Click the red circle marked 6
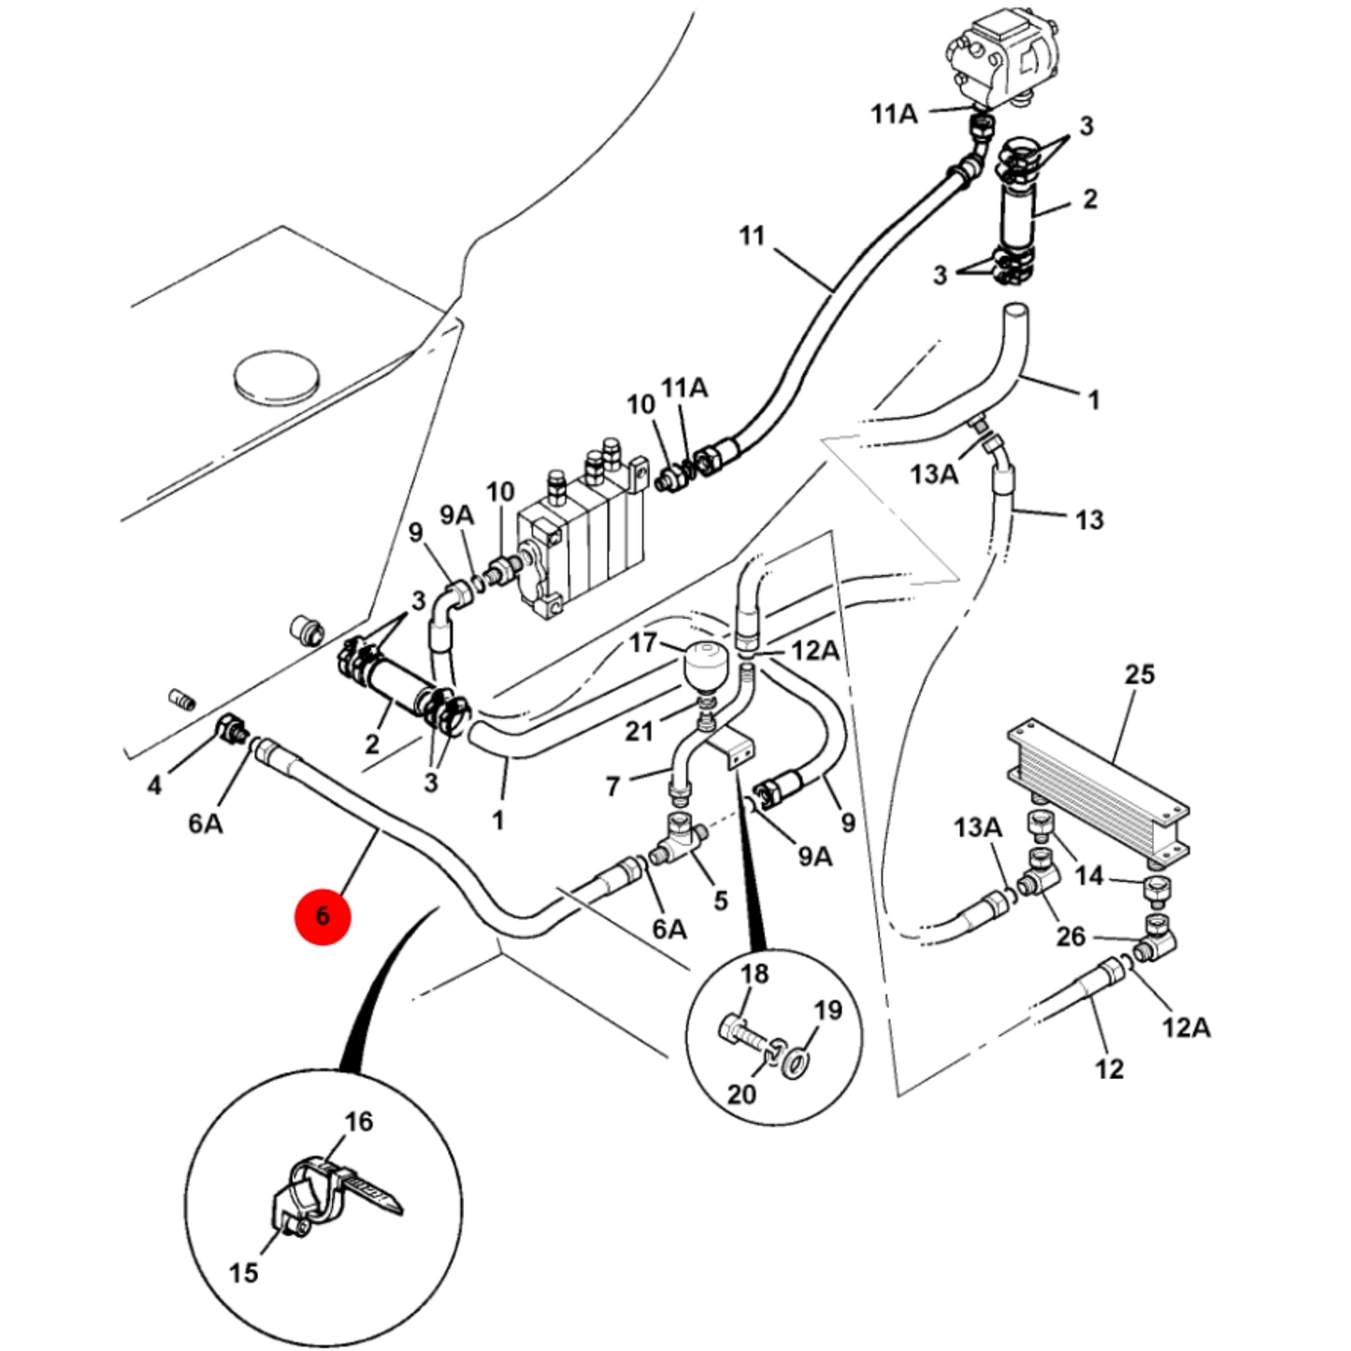[323, 915]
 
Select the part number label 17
[643, 642]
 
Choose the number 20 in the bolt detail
[741, 1094]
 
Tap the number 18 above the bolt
[755, 973]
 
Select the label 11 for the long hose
[752, 236]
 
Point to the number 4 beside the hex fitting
[154, 785]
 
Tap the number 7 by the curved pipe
[612, 786]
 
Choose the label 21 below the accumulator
[639, 731]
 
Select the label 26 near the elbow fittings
[1071, 936]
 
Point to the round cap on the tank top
[276, 377]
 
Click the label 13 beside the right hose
[1089, 520]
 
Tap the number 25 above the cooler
[1140, 674]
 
